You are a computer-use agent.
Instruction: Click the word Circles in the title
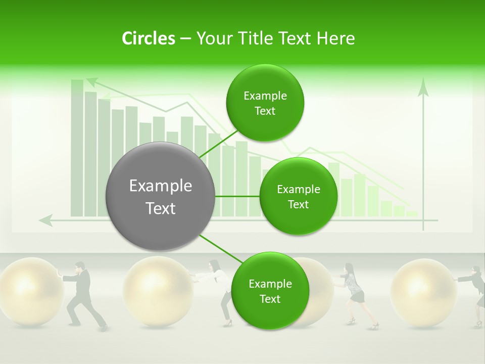pyautogui.click(x=148, y=38)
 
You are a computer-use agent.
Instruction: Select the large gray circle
pyautogui.click(x=161, y=197)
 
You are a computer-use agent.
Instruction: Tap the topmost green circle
pyautogui.click(x=265, y=103)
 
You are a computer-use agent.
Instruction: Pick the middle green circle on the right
pyautogui.click(x=298, y=197)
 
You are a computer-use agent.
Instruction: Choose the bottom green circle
pyautogui.click(x=269, y=291)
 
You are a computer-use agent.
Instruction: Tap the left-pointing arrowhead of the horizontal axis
pyautogui.click(x=46, y=220)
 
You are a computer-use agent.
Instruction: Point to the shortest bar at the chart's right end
pyautogui.click(x=412, y=214)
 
